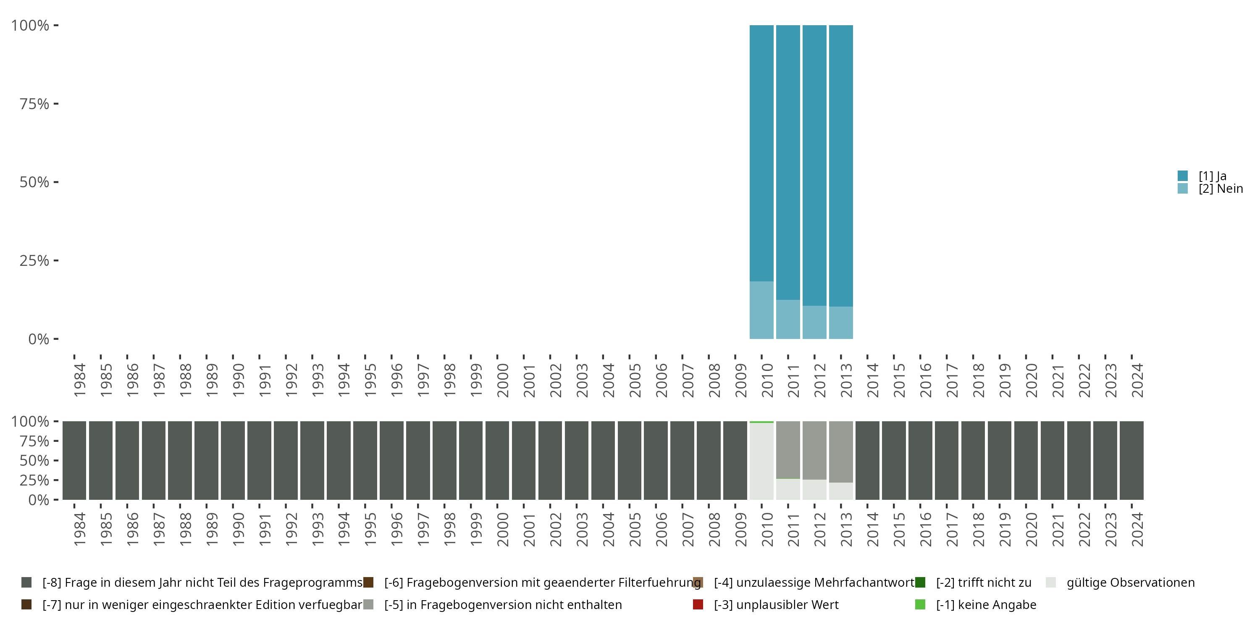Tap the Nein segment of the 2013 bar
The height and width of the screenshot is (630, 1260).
[x=841, y=323]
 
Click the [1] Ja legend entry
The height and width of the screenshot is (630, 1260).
[x=1212, y=176]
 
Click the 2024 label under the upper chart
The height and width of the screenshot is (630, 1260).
[x=1137, y=380]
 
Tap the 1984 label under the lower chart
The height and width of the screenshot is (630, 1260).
[x=80, y=529]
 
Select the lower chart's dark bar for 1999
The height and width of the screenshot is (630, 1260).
[x=470, y=460]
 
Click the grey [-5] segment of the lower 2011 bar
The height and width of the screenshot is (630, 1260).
[x=788, y=449]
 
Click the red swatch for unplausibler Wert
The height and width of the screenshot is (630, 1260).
[x=698, y=604]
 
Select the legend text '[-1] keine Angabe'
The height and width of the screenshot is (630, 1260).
[x=986, y=604]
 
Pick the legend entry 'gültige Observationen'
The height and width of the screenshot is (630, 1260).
[x=1130, y=583]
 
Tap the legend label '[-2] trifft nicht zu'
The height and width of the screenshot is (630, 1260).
[x=983, y=583]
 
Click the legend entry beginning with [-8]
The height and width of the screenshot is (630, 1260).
[x=202, y=583]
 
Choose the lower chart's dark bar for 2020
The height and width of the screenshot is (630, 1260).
[x=1026, y=460]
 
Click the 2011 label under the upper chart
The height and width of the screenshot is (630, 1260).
[x=793, y=380]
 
